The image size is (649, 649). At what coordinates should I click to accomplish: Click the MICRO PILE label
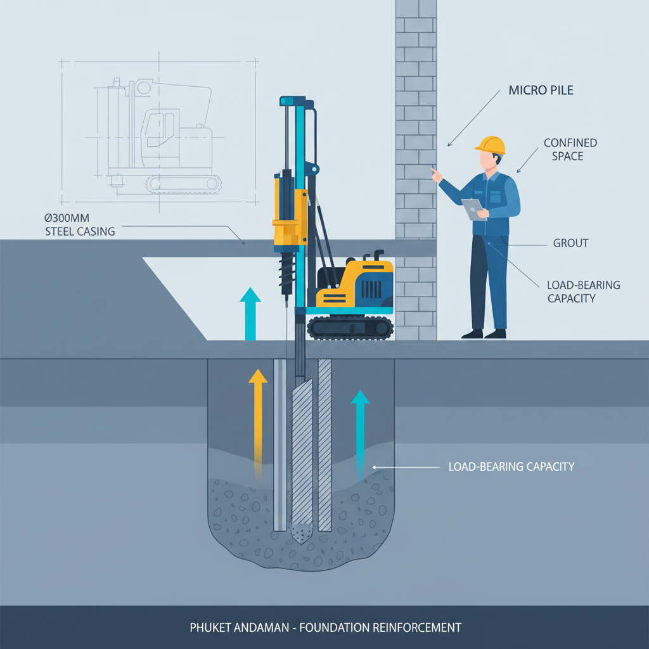coord(541,91)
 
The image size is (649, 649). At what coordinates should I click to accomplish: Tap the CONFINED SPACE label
coord(570,150)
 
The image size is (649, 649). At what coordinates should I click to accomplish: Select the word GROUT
coord(570,243)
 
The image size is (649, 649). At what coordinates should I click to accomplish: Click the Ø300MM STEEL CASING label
coord(80,224)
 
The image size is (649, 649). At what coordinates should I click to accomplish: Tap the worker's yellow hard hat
coord(491,145)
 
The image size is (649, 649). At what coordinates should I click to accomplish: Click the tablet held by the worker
coord(473,209)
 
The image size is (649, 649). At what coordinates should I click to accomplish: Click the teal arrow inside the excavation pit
coord(360,431)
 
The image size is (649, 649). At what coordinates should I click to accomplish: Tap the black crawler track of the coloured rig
coord(350,327)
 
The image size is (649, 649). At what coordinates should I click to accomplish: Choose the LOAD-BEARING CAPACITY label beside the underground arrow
coord(511,467)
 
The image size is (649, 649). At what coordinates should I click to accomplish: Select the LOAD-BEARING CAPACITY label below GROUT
coord(583,292)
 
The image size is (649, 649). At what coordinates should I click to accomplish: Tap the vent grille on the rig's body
coord(371,289)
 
